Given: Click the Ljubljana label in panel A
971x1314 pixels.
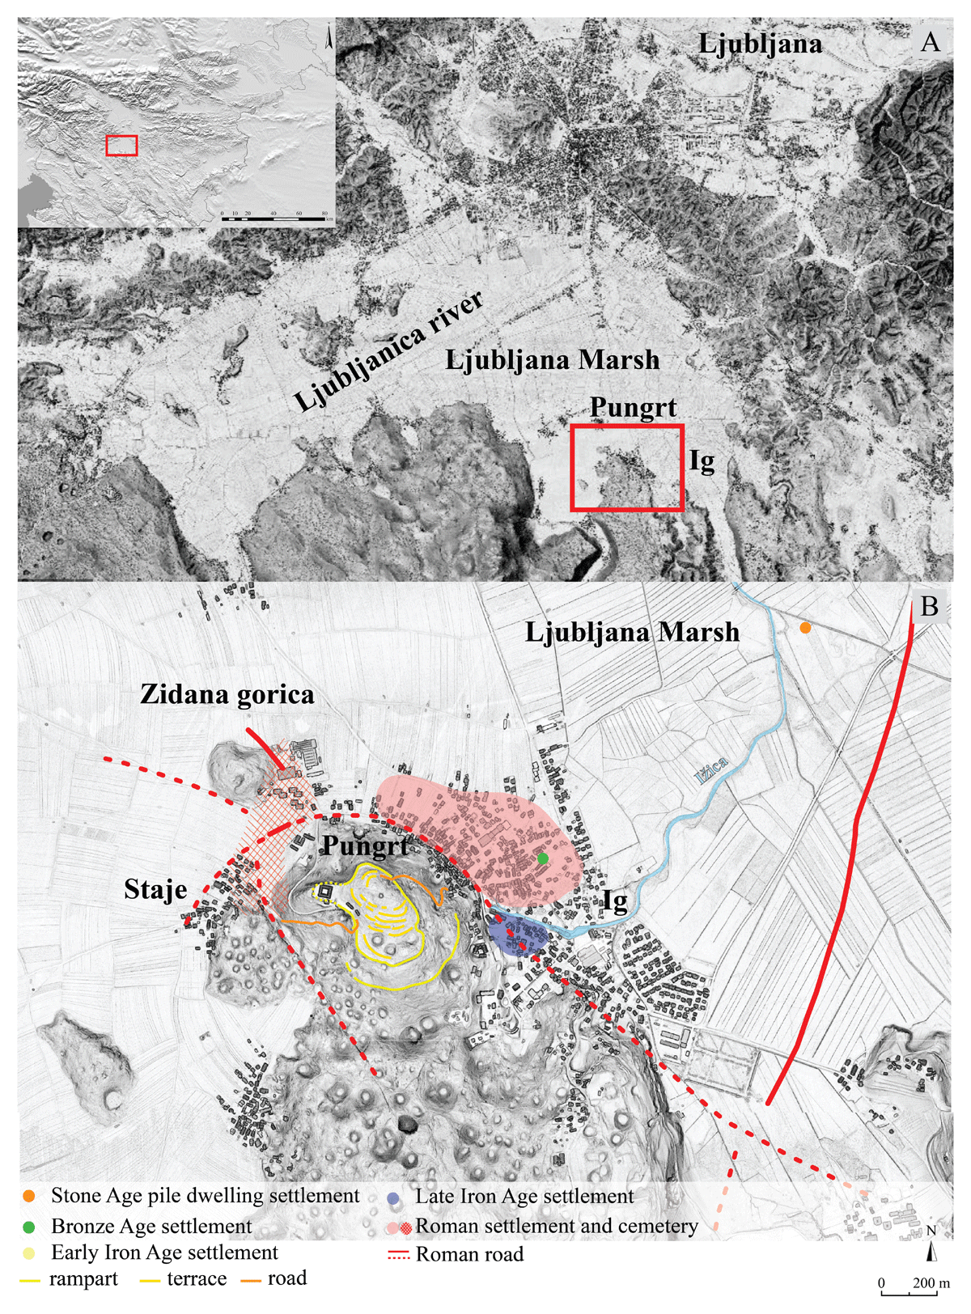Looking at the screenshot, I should [x=760, y=44].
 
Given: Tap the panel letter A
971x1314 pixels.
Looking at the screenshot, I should [x=931, y=42].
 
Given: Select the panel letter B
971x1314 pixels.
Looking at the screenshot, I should [x=929, y=606].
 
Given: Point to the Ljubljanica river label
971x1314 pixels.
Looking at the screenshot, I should [x=389, y=351].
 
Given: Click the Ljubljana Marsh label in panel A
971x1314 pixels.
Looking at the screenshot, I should [x=552, y=360].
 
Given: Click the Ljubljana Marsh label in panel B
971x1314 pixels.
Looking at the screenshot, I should [x=632, y=632].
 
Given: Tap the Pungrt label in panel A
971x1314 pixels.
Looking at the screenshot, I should [x=633, y=407].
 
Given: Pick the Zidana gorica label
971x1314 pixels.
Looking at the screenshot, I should [x=227, y=694].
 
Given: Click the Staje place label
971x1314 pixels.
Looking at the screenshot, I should [x=155, y=890].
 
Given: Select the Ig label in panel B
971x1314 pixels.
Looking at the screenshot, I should [x=615, y=901].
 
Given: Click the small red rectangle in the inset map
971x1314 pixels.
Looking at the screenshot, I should [x=121, y=146].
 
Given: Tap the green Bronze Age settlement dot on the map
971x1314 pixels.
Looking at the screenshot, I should [x=542, y=858].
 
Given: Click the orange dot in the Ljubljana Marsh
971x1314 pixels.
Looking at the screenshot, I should [x=804, y=628].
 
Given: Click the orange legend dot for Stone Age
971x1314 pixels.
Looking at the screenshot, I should [x=30, y=1196].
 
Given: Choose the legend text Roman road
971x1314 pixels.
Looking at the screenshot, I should [x=469, y=1255].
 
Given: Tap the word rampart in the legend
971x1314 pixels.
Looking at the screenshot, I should [x=83, y=1279].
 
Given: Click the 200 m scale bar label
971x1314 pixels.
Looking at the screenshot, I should [x=931, y=1283].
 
